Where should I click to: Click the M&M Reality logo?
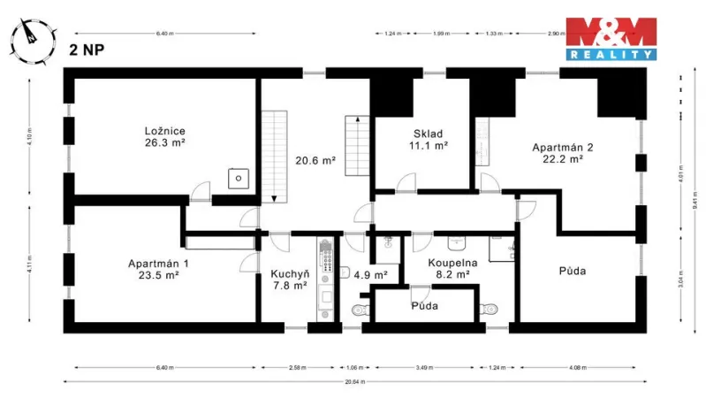tap(610, 38)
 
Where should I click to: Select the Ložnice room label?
tap(165, 137)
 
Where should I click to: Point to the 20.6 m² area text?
tap(315, 161)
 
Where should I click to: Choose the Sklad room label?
tap(428, 138)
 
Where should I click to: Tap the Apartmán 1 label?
tap(158, 269)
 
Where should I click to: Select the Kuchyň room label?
tap(289, 280)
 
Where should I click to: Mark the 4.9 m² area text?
tap(370, 275)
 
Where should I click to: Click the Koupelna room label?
tap(452, 269)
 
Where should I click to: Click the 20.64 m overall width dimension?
tap(358, 382)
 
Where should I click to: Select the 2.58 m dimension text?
tap(298, 367)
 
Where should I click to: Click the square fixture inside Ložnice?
tap(238, 179)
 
